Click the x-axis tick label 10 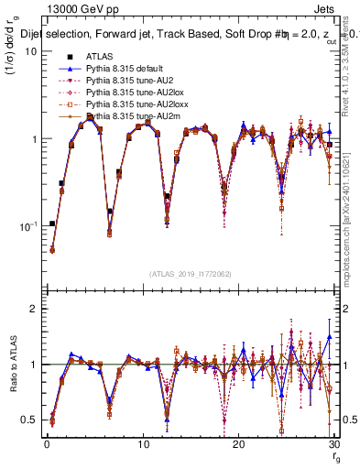tap(142, 444)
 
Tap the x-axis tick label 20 tap(238, 444)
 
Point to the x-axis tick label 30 tap(333, 444)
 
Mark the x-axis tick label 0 tap(46, 444)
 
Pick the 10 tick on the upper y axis tap(30, 51)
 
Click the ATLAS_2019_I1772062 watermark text tap(190, 274)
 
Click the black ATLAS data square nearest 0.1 tap(52, 224)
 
